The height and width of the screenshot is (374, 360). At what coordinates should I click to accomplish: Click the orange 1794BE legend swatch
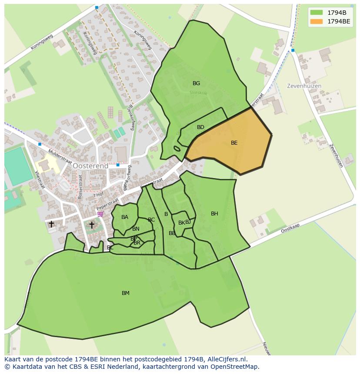click(316, 21)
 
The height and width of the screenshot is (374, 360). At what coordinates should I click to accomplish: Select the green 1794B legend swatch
click(316, 12)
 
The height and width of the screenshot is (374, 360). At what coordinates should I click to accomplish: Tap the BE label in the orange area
click(234, 142)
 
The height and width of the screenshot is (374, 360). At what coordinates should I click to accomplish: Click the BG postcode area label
click(196, 83)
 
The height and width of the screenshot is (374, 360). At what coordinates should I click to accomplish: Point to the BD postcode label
click(200, 127)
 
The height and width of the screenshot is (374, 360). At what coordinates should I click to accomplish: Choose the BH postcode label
click(214, 214)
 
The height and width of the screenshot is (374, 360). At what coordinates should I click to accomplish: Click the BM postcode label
click(126, 293)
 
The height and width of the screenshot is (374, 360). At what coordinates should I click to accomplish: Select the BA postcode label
click(125, 217)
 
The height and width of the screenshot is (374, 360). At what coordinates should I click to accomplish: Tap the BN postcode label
click(136, 229)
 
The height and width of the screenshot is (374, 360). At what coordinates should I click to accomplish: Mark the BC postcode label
click(151, 220)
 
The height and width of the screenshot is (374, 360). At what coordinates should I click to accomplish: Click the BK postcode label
click(181, 223)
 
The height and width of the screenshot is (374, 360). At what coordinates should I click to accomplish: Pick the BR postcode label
click(137, 243)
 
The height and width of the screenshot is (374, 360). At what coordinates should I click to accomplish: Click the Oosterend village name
click(90, 166)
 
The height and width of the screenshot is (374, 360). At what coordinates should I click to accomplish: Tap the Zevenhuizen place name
click(304, 86)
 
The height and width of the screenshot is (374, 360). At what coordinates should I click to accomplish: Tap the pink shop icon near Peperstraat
click(100, 214)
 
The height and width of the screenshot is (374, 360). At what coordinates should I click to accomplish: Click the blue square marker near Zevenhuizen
click(293, 50)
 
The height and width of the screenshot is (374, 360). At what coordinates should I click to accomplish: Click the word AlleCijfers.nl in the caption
click(227, 360)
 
